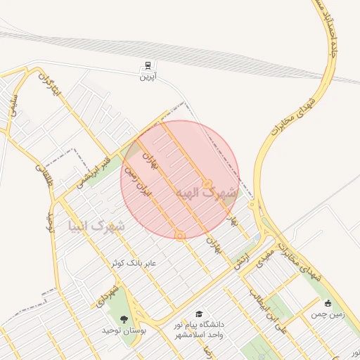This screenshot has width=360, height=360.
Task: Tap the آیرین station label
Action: [147, 77]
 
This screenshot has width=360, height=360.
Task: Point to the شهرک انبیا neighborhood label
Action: [97, 226]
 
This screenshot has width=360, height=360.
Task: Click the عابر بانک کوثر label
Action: [134, 263]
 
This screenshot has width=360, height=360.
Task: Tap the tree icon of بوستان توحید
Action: [124, 319]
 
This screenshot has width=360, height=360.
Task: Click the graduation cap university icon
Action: [199, 314]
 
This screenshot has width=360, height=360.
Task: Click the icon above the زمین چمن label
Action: [328, 303]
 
